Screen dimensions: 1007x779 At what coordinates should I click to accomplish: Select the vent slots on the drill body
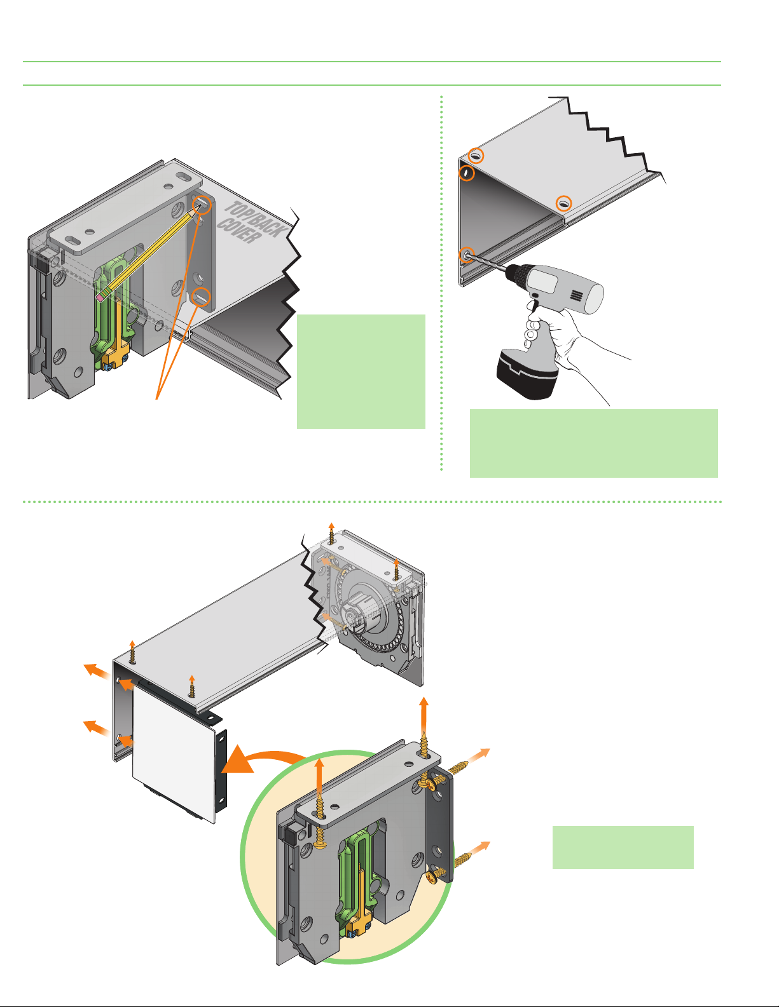[x=576, y=295]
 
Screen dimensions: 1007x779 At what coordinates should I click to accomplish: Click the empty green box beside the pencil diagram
[x=361, y=371]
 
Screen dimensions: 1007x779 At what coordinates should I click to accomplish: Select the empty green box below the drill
[x=593, y=443]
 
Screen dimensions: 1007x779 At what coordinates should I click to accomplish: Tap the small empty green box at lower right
[x=623, y=847]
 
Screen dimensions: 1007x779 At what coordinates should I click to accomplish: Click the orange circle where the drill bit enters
[x=467, y=255]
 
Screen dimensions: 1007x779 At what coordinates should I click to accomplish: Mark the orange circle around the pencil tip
[x=201, y=205]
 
